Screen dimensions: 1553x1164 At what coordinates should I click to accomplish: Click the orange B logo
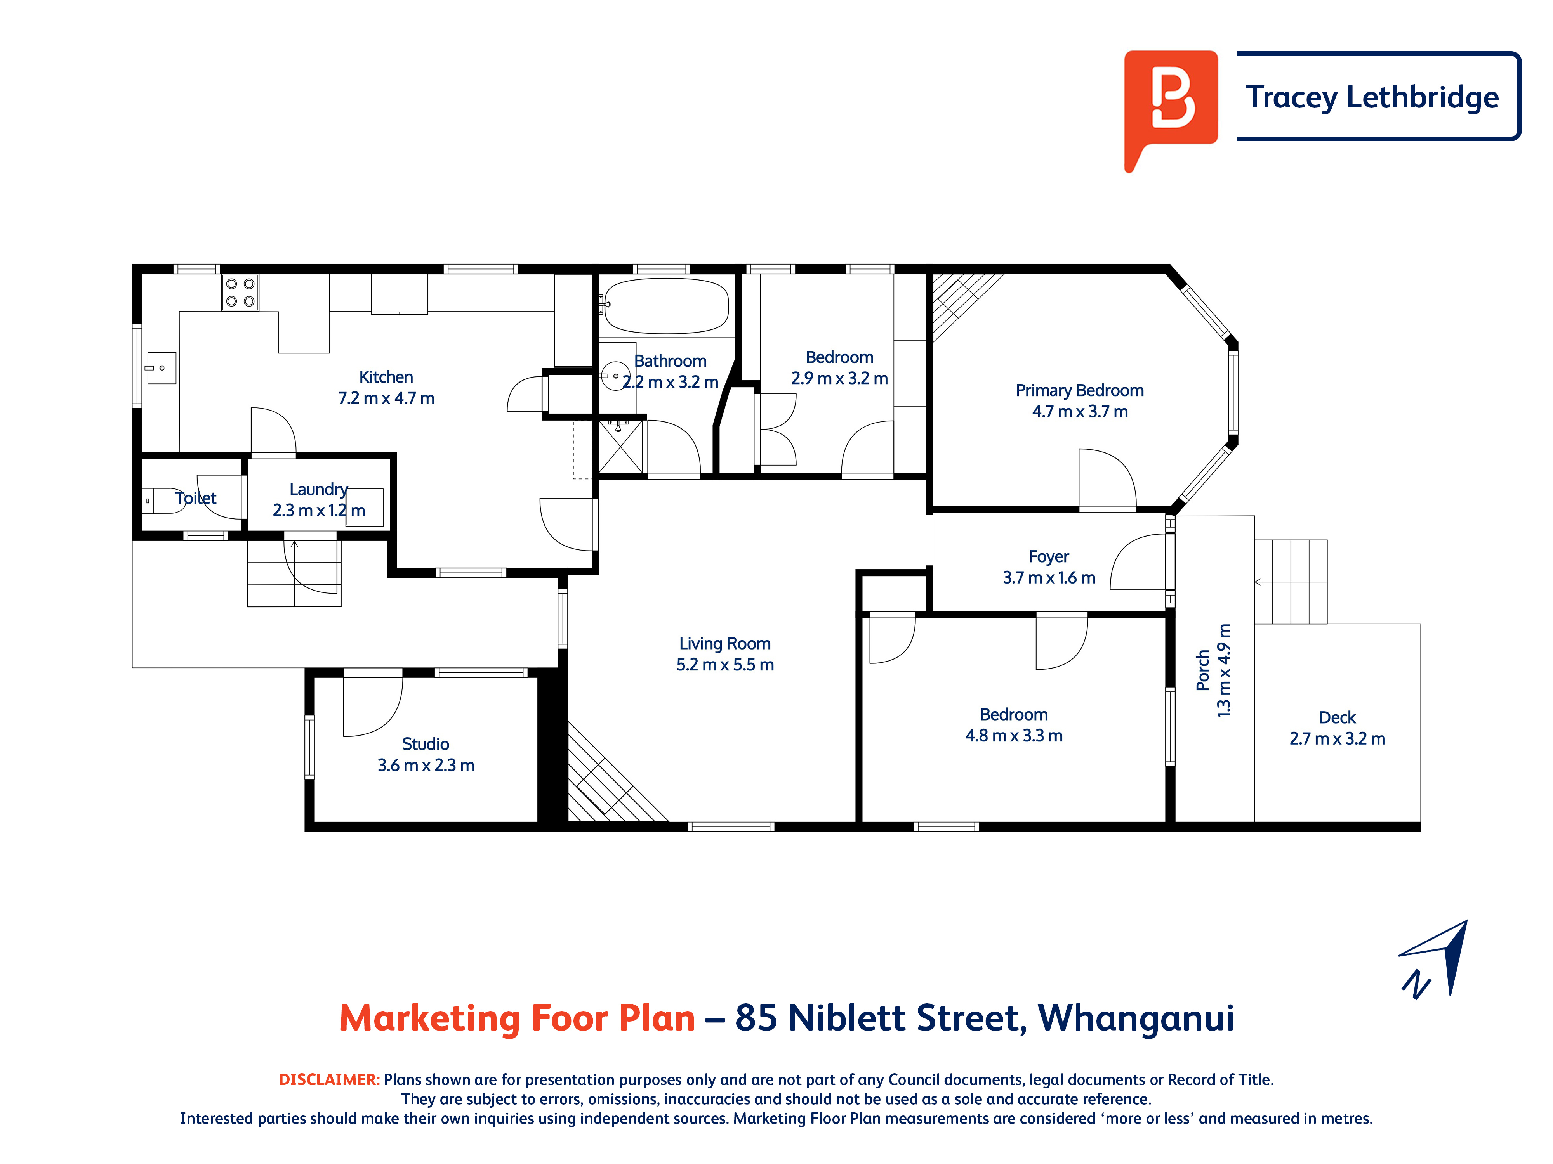point(1170,105)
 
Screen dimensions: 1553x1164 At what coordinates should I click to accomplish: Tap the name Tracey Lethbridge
point(1372,97)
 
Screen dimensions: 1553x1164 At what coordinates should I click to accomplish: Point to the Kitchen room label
point(386,377)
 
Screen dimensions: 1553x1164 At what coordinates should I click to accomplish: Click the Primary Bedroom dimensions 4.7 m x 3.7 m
point(1080,412)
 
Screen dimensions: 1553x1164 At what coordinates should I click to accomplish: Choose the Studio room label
point(426,744)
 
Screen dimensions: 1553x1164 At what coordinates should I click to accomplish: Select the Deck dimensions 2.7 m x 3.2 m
point(1338,739)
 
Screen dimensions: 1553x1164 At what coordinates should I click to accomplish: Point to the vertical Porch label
point(1203,670)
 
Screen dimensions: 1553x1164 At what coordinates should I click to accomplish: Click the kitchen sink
point(161,368)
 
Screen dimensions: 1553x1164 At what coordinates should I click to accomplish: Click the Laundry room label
point(319,489)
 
